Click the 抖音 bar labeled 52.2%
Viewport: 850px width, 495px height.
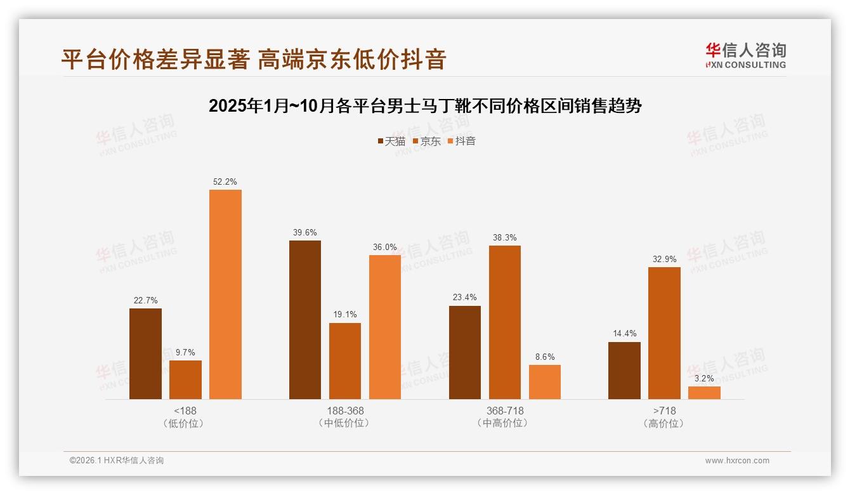[225, 294]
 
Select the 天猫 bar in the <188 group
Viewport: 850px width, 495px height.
[145, 353]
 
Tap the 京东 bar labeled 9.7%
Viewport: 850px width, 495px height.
[185, 379]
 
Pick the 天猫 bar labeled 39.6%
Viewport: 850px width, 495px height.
[305, 320]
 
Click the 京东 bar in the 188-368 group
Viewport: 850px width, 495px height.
[345, 361]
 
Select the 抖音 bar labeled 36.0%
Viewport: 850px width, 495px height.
[385, 327]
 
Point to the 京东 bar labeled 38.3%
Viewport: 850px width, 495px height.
[505, 322]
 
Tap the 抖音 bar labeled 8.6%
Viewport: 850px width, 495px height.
[545, 382]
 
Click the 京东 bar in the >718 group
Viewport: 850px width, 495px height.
[664, 333]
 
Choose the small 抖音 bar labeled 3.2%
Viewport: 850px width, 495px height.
[704, 393]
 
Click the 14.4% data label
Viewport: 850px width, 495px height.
[624, 333]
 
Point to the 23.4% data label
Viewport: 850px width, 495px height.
[465, 297]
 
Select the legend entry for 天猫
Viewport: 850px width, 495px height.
[391, 142]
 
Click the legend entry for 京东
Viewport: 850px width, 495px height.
[427, 142]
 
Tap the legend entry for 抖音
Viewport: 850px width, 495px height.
[462, 142]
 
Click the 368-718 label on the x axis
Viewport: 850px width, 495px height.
[505, 411]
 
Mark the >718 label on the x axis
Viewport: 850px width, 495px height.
[664, 411]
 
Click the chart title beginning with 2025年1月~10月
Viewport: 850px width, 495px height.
[425, 106]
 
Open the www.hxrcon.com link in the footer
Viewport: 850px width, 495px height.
[737, 461]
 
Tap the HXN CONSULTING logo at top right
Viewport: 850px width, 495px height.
[745, 56]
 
